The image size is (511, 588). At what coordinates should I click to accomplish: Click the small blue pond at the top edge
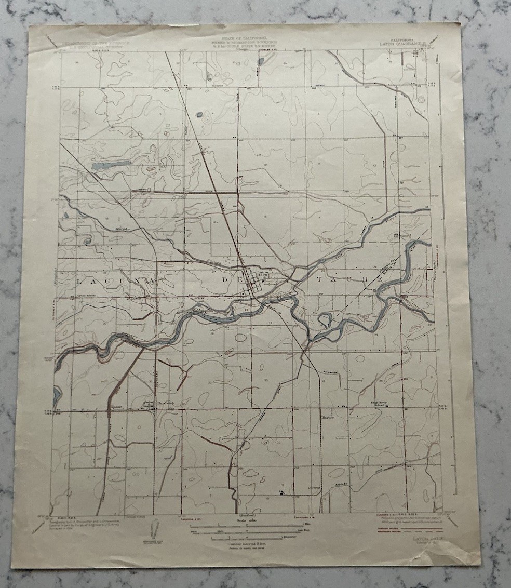tap(260, 61)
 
